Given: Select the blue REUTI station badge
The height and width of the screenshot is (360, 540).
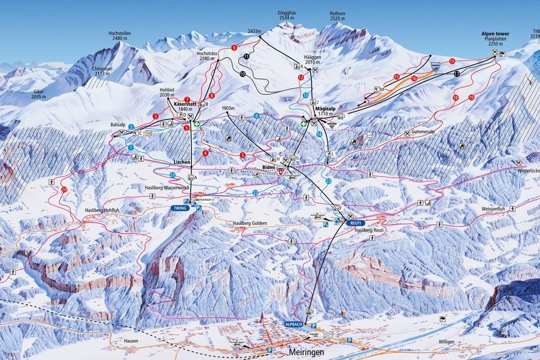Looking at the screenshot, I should coord(354,222).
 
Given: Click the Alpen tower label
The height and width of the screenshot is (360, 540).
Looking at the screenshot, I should coord(495,34).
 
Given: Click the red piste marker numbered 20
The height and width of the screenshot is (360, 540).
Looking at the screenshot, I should coord(64,190).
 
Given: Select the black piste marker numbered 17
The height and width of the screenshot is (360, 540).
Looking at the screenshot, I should coord(457,73).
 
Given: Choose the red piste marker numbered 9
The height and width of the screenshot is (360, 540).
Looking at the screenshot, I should coord(233,47).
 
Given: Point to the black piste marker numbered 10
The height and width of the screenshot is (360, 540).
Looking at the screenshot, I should coord(242,74).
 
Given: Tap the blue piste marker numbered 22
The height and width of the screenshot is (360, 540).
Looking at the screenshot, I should coord(256,192).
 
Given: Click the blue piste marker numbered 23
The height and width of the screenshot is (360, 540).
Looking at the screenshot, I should coord(328,181).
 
